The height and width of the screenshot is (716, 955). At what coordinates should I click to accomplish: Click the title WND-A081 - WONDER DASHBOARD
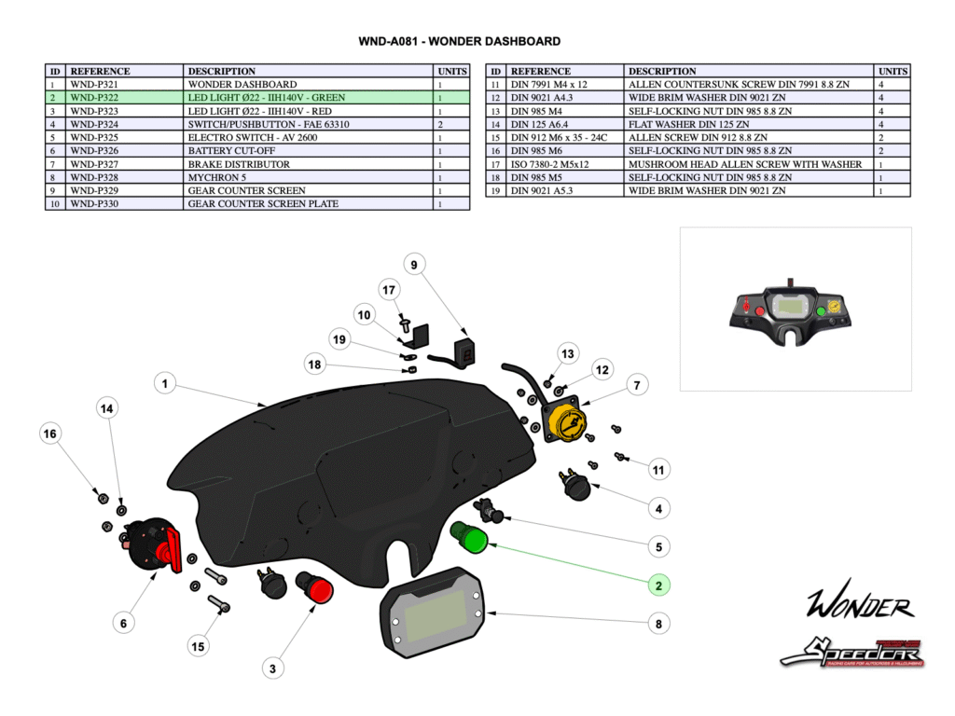pyautogui.click(x=460, y=42)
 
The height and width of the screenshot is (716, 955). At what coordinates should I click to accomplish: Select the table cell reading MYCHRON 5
pyautogui.click(x=309, y=177)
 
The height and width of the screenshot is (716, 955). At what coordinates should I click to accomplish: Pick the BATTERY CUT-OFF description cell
pyautogui.click(x=309, y=151)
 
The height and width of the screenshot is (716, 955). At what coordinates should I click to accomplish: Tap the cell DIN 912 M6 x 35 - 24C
pyautogui.click(x=565, y=138)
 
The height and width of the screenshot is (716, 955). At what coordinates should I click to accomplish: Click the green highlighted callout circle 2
pyautogui.click(x=658, y=585)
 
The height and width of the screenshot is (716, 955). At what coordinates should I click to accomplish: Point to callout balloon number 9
pyautogui.click(x=413, y=266)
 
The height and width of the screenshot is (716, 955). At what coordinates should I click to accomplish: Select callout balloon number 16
pyautogui.click(x=51, y=434)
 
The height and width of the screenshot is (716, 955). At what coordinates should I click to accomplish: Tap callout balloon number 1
pyautogui.click(x=164, y=383)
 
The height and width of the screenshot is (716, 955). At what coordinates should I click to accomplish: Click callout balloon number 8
pyautogui.click(x=658, y=624)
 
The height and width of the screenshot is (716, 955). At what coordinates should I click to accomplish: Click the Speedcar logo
pyautogui.click(x=851, y=651)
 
